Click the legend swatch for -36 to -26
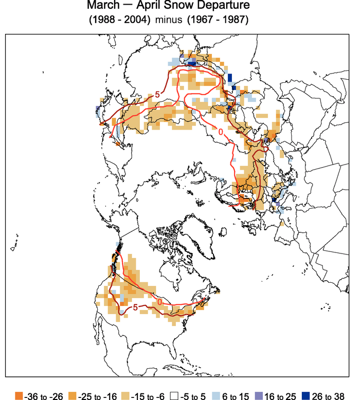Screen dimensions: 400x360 click(19, 395)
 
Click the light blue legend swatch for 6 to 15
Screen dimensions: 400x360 click(218, 395)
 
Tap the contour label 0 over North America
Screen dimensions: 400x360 click(159, 301)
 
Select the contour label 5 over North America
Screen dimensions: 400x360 click(135, 307)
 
